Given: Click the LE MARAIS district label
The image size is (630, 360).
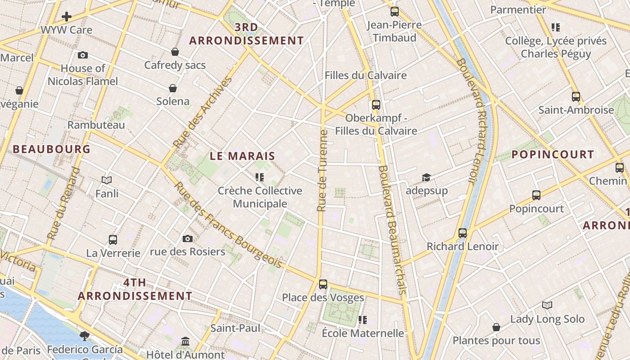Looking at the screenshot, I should (243, 156).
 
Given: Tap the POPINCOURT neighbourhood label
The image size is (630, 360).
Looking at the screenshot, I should (553, 154).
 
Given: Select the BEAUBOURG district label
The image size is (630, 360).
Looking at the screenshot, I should (51, 149).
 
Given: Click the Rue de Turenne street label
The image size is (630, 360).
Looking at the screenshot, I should (322, 171).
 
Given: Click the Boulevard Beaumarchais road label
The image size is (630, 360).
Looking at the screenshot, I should (392, 229).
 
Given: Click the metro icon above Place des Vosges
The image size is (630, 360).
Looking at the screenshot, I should (323, 284).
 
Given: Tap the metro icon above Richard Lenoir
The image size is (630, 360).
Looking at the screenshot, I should (463, 233).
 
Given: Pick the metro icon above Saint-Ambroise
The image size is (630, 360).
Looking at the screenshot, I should (576, 96).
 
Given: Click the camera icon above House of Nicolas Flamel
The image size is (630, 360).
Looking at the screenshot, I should (82, 55).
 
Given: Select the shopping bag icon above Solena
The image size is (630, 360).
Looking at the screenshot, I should (172, 88).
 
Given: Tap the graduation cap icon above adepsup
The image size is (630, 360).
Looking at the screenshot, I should (426, 177).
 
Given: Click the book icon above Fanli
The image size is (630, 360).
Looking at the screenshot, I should (107, 180).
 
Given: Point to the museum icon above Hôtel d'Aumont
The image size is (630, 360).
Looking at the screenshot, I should (185, 341).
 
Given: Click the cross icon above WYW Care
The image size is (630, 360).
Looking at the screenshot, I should (67, 17).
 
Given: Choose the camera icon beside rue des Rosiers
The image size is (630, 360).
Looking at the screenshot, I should (188, 238).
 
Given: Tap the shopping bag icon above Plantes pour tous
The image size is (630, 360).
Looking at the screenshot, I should (496, 327).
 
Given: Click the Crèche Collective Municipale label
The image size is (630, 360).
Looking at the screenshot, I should (260, 197).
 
